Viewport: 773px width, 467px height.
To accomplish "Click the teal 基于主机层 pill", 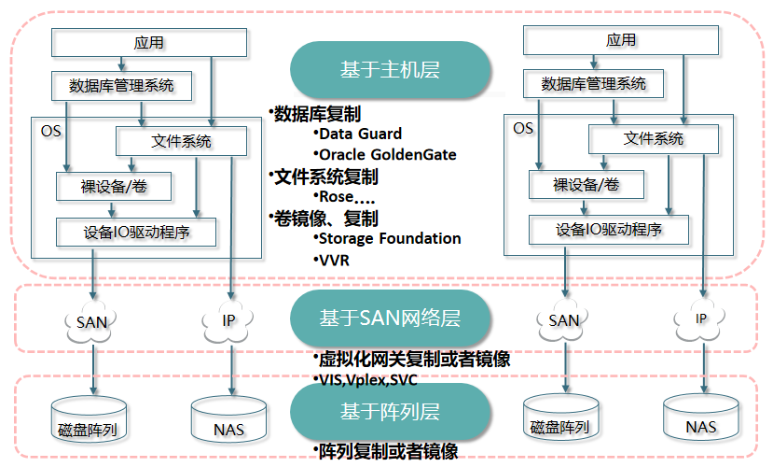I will click(390, 70).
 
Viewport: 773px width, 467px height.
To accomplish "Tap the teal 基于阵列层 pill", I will click(390, 410).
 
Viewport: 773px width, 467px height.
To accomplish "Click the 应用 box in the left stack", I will click(149, 42).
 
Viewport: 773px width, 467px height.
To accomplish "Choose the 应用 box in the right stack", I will click(621, 40).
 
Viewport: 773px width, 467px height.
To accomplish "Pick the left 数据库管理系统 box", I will click(121, 85).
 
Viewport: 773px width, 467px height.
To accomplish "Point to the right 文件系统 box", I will click(654, 138).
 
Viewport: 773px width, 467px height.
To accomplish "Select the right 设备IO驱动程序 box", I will click(609, 229).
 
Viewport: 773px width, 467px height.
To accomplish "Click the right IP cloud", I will click(700, 319).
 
